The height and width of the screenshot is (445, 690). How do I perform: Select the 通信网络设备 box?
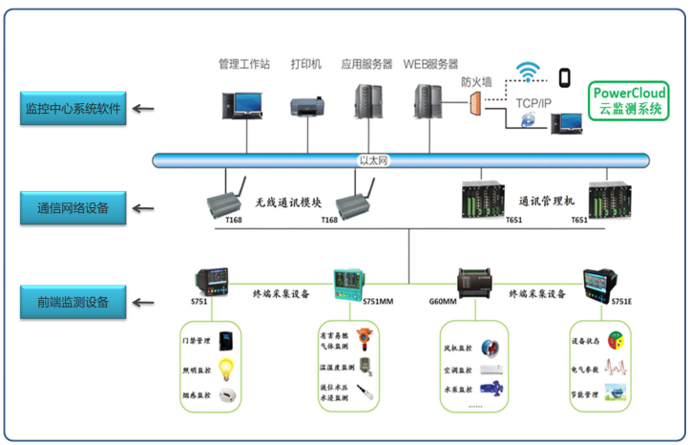[x=73, y=206]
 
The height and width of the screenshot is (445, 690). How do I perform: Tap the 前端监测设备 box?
[x=73, y=303]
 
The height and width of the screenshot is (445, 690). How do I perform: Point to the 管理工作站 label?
[x=244, y=65]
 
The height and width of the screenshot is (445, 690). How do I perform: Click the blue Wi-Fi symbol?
[x=527, y=72]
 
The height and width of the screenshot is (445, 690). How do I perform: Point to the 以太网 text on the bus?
[x=373, y=160]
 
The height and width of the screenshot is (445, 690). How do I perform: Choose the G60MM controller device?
[x=473, y=281]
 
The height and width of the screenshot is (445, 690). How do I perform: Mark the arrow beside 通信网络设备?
[x=143, y=206]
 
